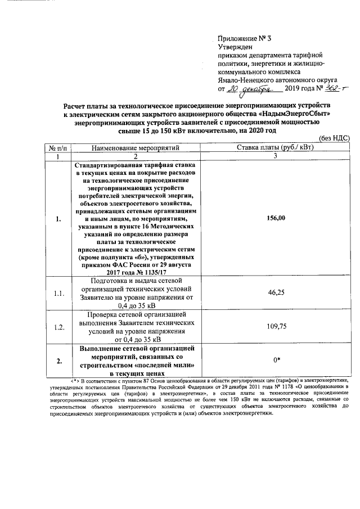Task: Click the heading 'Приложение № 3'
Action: pyautogui.click(x=244, y=39)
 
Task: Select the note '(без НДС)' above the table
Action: pyautogui.click(x=334, y=138)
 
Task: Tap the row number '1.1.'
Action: pyautogui.click(x=58, y=292)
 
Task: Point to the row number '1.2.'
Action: pyautogui.click(x=58, y=326)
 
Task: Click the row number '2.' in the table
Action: pyautogui.click(x=58, y=360)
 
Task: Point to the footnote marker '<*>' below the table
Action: pyautogui.click(x=74, y=381)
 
